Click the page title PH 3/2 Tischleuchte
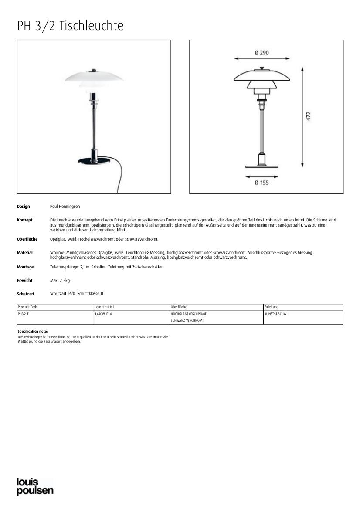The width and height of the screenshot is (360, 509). (70, 26)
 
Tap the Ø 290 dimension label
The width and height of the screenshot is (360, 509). (262, 53)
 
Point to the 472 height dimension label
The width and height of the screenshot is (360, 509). (308, 116)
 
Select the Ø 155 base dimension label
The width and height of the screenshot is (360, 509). (262, 183)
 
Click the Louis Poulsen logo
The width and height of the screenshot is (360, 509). (35, 486)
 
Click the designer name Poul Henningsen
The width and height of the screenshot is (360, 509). (65, 207)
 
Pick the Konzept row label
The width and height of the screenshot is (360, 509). (25, 220)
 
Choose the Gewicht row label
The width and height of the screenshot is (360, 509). (25, 281)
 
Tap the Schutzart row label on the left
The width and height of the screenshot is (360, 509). (26, 294)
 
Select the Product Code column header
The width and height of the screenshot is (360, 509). (28, 307)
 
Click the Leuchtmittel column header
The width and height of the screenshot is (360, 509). (104, 307)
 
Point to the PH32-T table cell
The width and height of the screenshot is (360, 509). (23, 314)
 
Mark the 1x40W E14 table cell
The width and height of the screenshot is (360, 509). (103, 314)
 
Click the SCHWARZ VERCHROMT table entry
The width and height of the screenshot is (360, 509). (187, 321)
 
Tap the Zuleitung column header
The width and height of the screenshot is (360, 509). (271, 307)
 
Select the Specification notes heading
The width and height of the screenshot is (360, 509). (33, 332)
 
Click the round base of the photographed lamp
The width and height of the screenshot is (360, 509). (94, 160)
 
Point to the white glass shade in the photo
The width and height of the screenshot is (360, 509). (94, 78)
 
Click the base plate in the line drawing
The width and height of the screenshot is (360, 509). (262, 166)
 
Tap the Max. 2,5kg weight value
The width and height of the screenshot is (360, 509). (60, 281)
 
